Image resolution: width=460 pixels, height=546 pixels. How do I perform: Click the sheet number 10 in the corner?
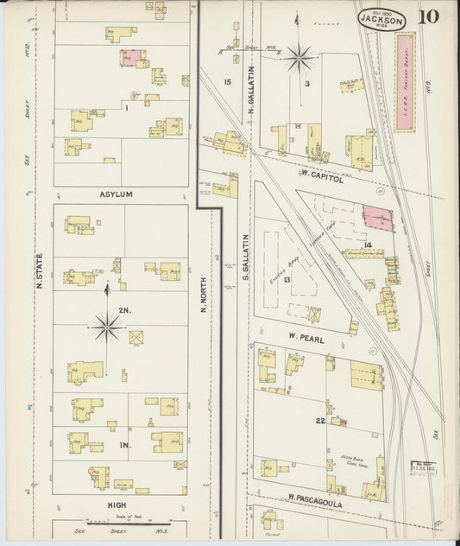(429, 17)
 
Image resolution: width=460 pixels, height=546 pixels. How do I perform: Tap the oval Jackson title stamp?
(379, 19)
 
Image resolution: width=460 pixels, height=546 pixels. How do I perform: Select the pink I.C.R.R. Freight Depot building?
(405, 83)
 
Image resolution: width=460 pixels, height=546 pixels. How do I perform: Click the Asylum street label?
(116, 194)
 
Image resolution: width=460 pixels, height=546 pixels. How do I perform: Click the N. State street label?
(40, 268)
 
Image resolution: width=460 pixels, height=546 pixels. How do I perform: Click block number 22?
(319, 420)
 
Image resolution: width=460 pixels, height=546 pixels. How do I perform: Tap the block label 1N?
(124, 445)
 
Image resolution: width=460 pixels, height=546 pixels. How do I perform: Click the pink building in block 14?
(376, 218)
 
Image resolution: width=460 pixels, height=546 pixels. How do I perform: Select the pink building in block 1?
(129, 58)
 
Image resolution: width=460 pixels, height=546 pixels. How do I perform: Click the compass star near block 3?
(299, 57)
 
